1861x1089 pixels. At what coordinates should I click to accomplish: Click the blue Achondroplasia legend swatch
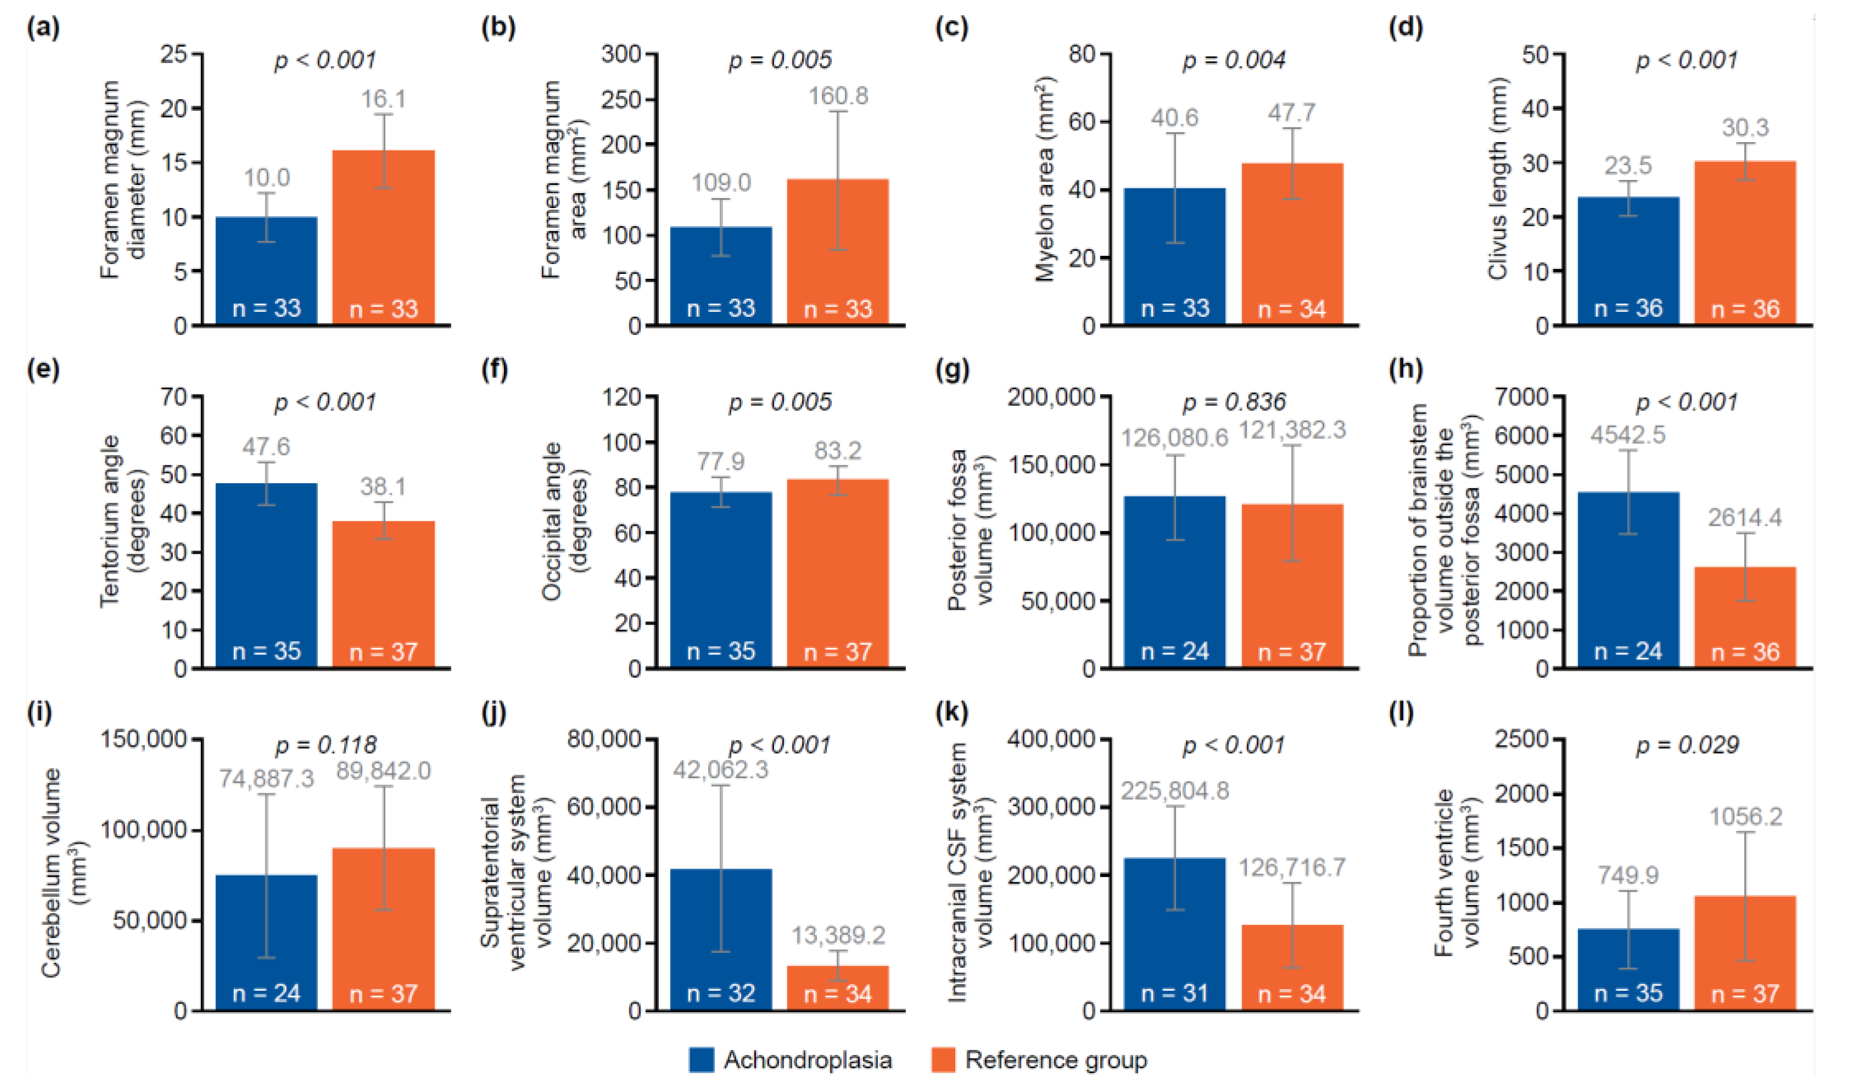coord(701,1060)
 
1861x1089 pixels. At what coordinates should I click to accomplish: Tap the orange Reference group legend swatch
coord(943,1060)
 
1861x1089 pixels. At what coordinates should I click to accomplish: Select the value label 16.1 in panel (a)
coord(383,99)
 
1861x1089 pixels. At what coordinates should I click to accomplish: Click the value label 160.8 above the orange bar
coord(838,96)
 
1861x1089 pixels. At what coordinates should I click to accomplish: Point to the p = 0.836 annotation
coord(1234,402)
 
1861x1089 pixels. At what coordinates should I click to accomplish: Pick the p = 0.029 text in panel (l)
coord(1688,745)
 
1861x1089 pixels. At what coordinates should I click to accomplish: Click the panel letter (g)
coord(952,369)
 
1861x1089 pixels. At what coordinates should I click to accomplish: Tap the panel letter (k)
coord(952,712)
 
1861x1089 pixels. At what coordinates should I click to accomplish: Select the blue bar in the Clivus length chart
coord(1628,251)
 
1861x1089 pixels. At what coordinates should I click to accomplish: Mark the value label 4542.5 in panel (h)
coord(1628,435)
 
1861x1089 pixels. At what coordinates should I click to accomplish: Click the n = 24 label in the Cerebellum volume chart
coord(267,993)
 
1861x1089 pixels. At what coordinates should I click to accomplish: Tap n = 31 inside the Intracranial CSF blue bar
coord(1174,993)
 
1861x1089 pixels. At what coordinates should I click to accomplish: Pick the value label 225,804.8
coord(1175,791)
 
